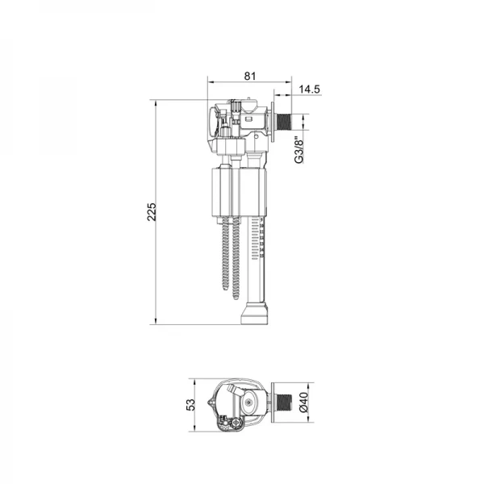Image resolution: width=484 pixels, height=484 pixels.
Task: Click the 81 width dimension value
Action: click(250, 76)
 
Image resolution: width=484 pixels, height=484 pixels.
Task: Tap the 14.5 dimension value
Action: click(310, 90)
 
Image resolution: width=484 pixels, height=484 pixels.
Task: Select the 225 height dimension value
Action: click(152, 211)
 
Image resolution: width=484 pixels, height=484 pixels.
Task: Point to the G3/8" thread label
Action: click(298, 150)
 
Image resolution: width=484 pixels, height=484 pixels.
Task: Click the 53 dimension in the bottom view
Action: click(191, 405)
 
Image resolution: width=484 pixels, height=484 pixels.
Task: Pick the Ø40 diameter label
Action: click(304, 403)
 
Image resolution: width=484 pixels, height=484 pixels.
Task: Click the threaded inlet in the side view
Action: click(283, 123)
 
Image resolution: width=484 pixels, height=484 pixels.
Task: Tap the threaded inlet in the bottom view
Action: click(283, 403)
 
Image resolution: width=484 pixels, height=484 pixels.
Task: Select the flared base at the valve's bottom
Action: click(254, 313)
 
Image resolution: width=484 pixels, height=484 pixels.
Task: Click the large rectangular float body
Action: click(239, 192)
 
